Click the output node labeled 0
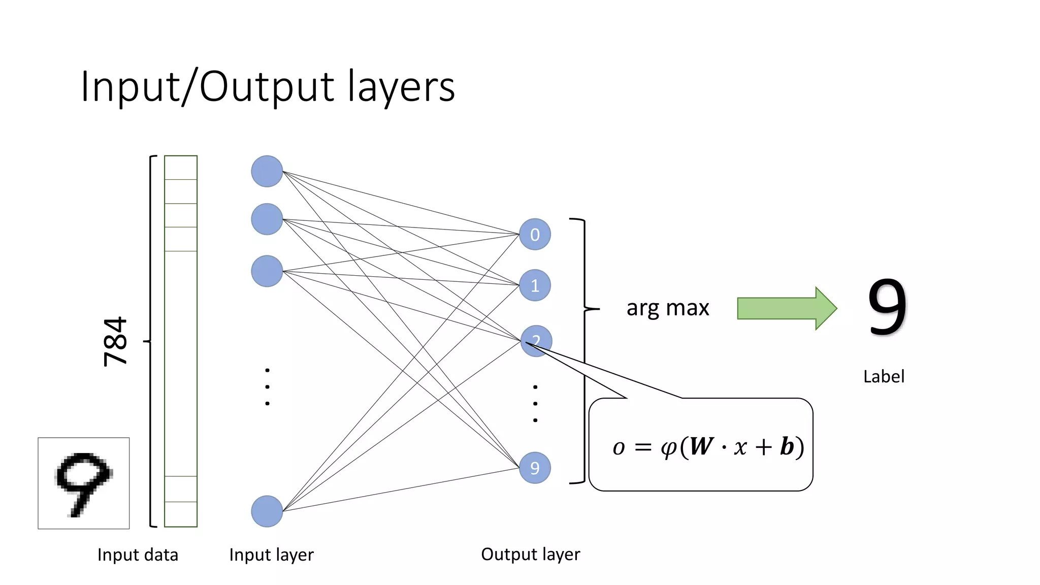pyautogui.click(x=535, y=234)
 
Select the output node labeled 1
pyautogui.click(x=535, y=285)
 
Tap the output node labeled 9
pyautogui.click(x=535, y=468)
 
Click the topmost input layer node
pyautogui.click(x=267, y=171)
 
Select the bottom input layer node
pyautogui.click(x=267, y=511)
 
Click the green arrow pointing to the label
pyautogui.click(x=786, y=308)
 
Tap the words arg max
pyautogui.click(x=667, y=308)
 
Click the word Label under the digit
pyautogui.click(x=884, y=376)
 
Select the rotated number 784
pyautogui.click(x=115, y=341)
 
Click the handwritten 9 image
pyautogui.click(x=84, y=483)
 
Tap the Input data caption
pyautogui.click(x=138, y=555)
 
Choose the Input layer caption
pyautogui.click(x=271, y=555)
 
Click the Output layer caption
pyautogui.click(x=530, y=554)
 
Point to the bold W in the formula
pyautogui.click(x=701, y=446)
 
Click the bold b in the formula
pyautogui.click(x=787, y=446)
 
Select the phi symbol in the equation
pyautogui.click(x=669, y=448)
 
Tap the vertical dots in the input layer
pyautogui.click(x=267, y=387)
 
